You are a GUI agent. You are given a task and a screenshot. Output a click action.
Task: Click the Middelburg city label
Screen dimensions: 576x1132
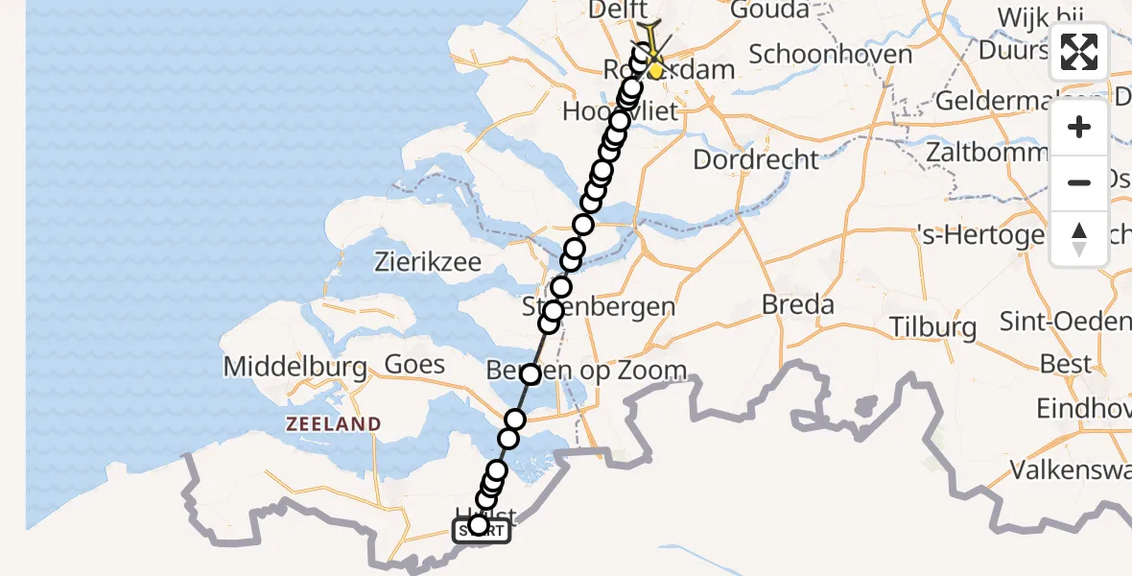(295, 367)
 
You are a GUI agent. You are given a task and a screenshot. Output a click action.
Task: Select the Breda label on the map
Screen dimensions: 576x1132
(797, 305)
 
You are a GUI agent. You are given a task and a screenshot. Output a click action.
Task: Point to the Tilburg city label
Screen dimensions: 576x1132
(932, 326)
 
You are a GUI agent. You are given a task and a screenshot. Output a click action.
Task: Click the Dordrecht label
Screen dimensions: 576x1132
(756, 159)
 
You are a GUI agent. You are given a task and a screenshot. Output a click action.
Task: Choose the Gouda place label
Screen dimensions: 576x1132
(769, 11)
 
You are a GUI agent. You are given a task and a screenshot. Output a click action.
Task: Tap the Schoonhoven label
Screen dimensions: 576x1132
(830, 54)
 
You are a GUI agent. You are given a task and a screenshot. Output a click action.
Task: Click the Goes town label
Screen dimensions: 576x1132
(414, 364)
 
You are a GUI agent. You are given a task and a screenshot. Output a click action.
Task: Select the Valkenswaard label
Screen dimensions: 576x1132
(1070, 471)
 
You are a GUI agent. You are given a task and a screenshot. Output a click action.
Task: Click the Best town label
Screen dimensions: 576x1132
(1065, 364)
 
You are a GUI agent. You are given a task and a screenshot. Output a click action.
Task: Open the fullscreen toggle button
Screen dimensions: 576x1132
(1079, 52)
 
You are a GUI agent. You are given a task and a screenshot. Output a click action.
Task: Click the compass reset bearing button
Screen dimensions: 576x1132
(1079, 239)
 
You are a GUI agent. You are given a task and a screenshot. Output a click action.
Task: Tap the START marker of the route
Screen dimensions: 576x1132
(481, 530)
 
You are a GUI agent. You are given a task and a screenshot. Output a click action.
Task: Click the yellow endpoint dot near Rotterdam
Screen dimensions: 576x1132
(655, 70)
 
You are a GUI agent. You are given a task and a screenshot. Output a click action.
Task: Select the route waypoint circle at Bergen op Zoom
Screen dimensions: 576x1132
(531, 373)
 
